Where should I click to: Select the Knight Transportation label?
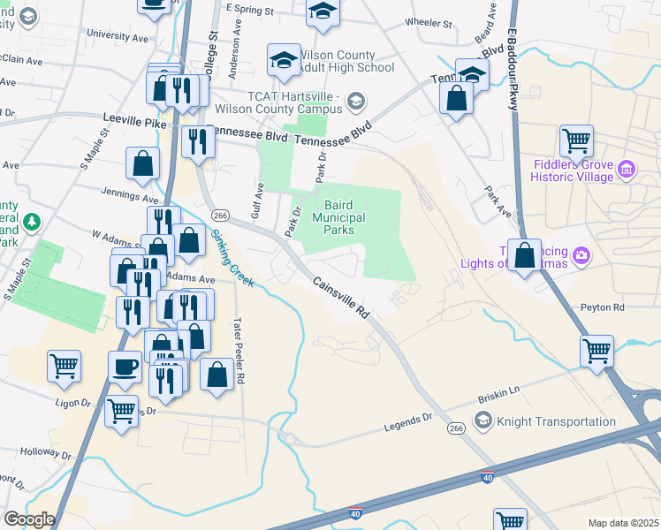[556, 422]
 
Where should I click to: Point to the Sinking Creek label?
[232, 257]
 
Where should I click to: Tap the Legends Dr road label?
[407, 426]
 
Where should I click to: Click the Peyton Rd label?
[603, 307]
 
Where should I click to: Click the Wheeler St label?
[428, 22]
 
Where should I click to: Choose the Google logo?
[30, 519]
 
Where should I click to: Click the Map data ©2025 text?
[622, 523]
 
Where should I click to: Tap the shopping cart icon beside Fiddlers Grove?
[576, 139]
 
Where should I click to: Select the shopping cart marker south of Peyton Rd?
[596, 349]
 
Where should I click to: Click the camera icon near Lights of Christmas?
[581, 256]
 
